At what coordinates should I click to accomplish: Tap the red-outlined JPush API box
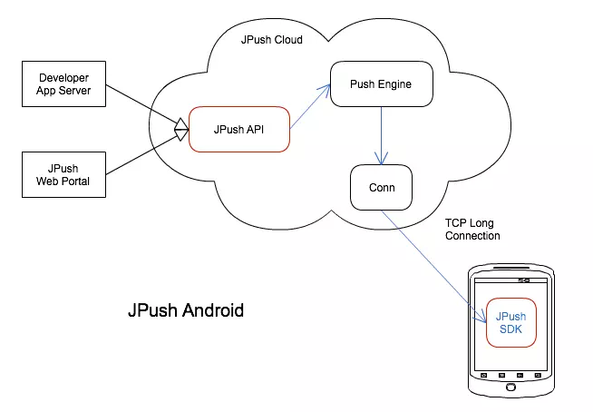[x=238, y=130]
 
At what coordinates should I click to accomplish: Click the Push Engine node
[x=380, y=84]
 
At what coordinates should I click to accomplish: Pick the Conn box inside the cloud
[x=380, y=188]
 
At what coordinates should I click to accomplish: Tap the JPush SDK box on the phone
[x=510, y=321]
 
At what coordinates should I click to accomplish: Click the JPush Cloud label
[x=271, y=41]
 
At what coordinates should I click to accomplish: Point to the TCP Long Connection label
[x=471, y=229]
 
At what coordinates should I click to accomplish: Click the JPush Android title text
[x=185, y=310]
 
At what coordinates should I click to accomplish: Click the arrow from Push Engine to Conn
[x=380, y=136]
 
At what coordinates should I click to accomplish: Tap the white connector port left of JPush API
[x=180, y=132]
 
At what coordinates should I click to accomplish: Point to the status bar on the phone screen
[x=510, y=283]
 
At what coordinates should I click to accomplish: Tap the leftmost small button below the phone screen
[x=484, y=375]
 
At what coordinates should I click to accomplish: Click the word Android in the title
[x=213, y=310]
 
